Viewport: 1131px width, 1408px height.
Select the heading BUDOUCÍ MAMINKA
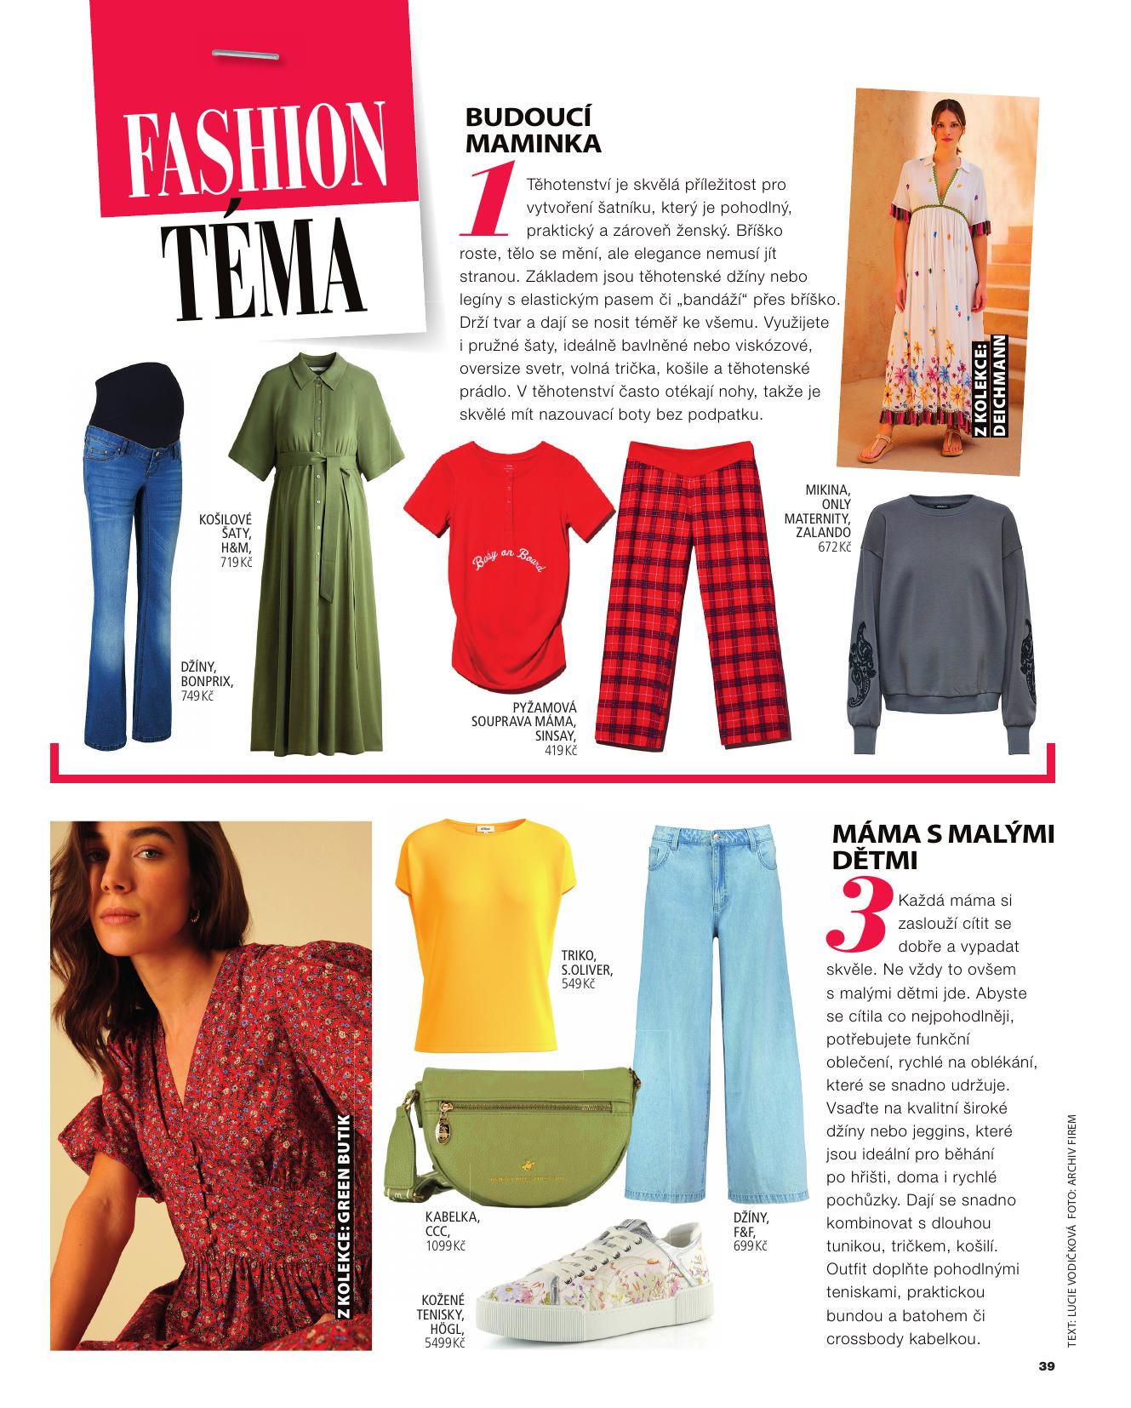[533, 130]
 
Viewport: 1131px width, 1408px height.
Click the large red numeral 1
[488, 200]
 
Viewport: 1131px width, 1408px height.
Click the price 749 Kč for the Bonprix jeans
[197, 695]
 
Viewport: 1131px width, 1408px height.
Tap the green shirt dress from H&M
[317, 545]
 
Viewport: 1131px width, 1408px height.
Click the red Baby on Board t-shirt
[509, 562]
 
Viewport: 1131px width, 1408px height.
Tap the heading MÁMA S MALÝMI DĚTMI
[942, 845]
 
